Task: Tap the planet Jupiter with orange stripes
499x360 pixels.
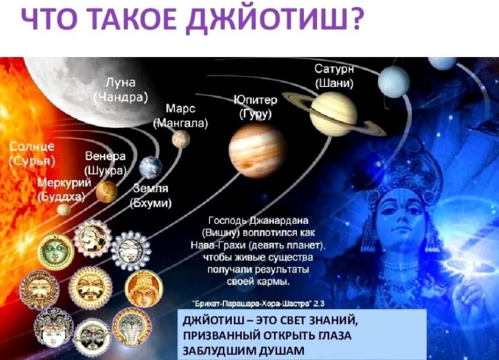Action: (257, 151)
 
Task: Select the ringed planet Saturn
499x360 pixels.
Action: (333, 114)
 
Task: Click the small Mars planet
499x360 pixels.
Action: (181, 139)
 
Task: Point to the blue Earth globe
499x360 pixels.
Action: (151, 167)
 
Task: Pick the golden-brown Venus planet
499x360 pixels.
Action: (107, 191)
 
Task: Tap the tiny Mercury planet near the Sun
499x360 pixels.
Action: (64, 209)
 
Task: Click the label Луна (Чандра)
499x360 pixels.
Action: (121, 89)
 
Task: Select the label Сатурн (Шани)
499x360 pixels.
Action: (334, 76)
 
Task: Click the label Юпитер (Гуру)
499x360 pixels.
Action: (256, 107)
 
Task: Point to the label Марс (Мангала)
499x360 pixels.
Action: (180, 116)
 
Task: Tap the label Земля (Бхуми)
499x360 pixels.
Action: (151, 196)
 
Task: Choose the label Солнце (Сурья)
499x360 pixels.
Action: (32, 154)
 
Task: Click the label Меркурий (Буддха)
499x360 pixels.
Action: (64, 190)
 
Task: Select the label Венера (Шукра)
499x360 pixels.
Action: (105, 163)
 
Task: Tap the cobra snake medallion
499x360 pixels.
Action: (132, 326)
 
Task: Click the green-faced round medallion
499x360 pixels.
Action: (56, 251)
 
